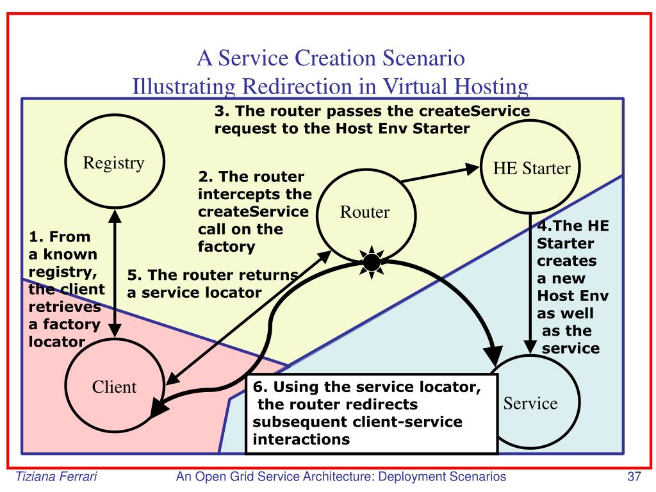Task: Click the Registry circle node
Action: point(114,163)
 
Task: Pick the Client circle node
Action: point(114,386)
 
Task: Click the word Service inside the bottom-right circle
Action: point(530,403)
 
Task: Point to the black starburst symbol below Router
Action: point(372,261)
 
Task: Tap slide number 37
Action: point(634,477)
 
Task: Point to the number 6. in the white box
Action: point(259,389)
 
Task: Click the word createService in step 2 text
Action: point(253,211)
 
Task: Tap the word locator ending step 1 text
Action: point(56,341)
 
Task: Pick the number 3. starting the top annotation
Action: point(222,111)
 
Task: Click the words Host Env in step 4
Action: point(572,297)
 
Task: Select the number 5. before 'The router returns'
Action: point(134,275)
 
